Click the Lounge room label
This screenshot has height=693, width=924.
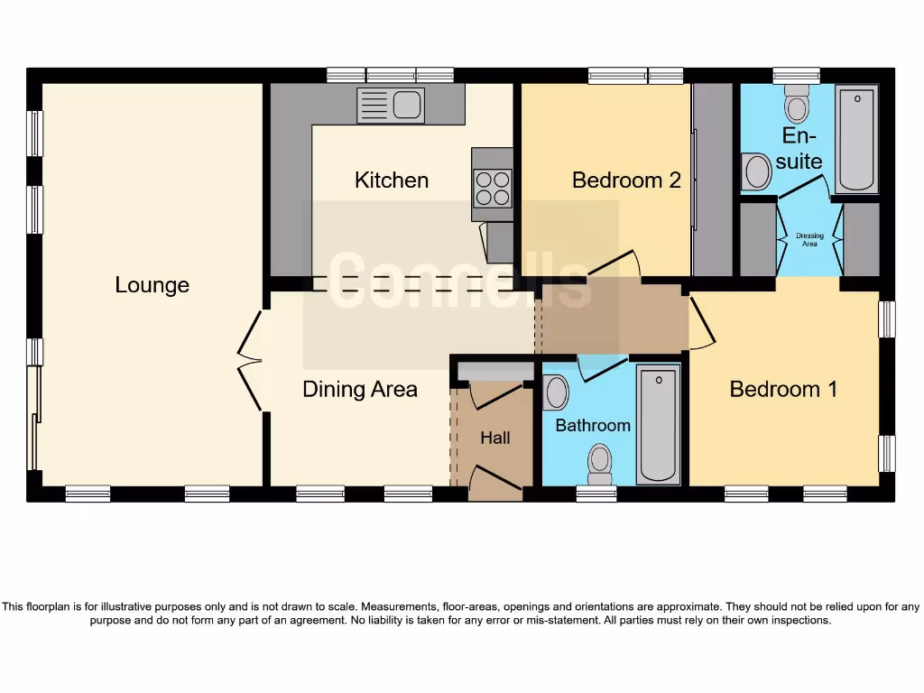[x=152, y=285]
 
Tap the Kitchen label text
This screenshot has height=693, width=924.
[x=391, y=180]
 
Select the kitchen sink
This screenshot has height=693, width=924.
[x=391, y=106]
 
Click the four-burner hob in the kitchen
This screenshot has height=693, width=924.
[x=492, y=188]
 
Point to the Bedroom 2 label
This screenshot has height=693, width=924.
[x=626, y=180]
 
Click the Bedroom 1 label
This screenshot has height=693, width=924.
[x=783, y=389]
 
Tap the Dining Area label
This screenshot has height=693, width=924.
[x=359, y=389]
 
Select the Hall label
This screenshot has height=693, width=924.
[x=494, y=438]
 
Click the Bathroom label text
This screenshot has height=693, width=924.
[x=593, y=425]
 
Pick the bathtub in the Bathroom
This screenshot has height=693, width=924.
[x=658, y=424]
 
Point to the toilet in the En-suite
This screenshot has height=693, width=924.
[x=796, y=105]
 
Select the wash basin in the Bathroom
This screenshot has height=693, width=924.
[x=557, y=393]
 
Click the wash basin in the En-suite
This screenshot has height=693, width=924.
[x=755, y=171]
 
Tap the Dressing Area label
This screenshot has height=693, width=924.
[x=809, y=240]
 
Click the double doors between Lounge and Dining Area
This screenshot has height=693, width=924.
[x=250, y=361]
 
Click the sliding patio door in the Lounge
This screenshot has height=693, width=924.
[x=34, y=418]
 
